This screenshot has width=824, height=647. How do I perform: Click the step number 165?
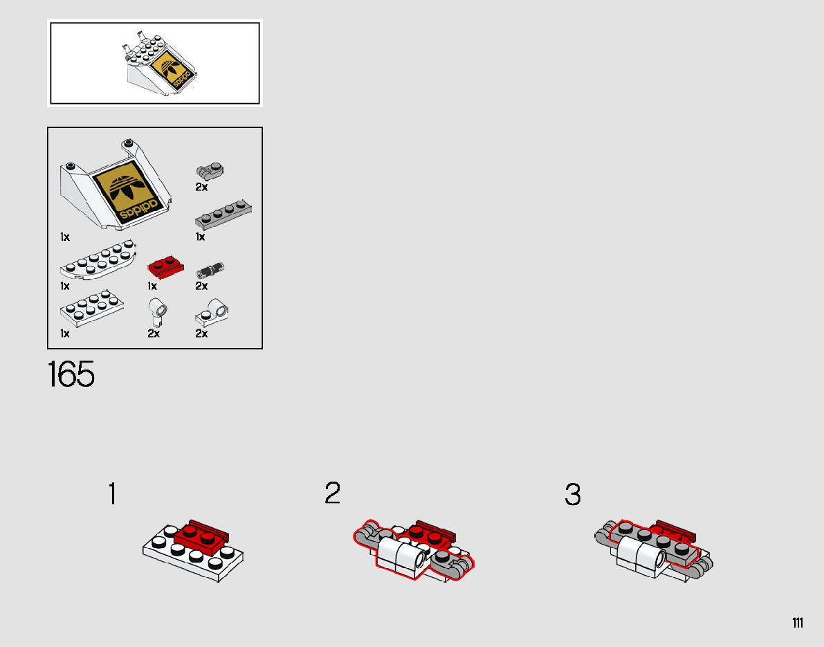point(71,374)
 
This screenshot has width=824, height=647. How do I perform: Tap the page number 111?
point(798,623)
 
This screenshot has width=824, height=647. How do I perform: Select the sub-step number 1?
point(112,493)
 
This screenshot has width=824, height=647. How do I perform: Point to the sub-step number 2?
point(333,493)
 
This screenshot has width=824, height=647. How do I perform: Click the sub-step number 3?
point(573,495)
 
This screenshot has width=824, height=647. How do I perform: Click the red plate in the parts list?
point(165,268)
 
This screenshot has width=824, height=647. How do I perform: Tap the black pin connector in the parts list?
point(210,270)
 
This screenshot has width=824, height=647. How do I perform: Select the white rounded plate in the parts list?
point(98,259)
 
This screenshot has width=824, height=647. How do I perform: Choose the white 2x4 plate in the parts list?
point(92,309)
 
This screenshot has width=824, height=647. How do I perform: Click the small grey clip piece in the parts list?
point(210,172)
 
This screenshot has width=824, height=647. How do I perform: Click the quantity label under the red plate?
point(152,286)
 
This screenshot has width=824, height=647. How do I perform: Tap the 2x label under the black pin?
point(202,286)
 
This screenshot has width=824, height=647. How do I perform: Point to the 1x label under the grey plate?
point(200,237)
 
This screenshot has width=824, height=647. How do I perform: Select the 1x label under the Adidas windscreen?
point(64,237)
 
